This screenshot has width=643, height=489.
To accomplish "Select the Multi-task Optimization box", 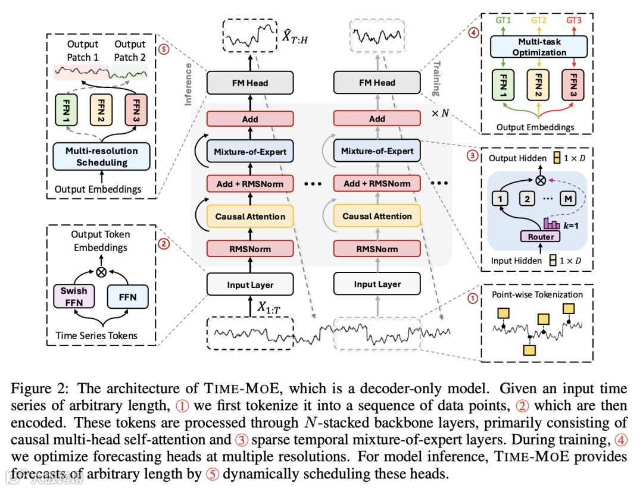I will click(539, 47).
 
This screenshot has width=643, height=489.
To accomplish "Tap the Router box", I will click(541, 236).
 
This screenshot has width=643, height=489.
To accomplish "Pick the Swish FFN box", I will click(73, 296).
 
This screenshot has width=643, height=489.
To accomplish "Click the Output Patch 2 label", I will click(130, 51).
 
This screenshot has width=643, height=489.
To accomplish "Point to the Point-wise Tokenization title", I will click(538, 294).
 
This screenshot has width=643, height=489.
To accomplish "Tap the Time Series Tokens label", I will click(96, 336).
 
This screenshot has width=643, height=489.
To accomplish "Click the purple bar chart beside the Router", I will click(550, 223).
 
